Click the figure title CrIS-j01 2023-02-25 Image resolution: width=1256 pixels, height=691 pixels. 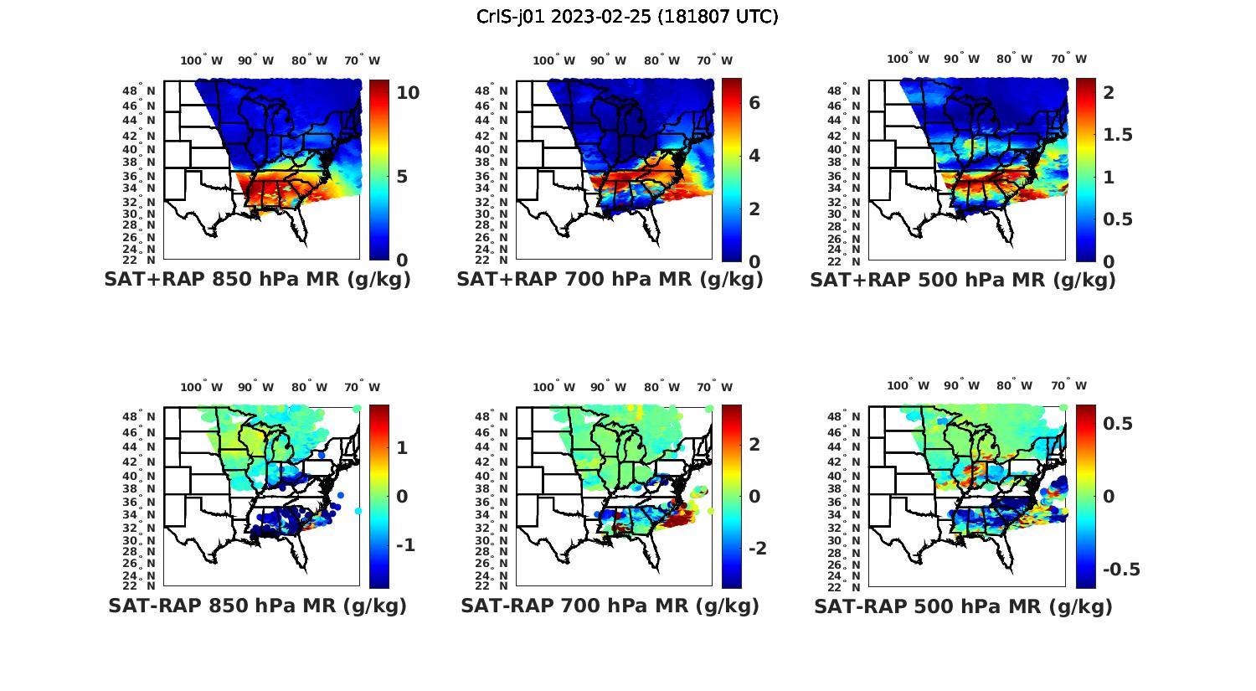627,17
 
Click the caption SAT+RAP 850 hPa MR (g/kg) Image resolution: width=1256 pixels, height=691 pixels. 257,280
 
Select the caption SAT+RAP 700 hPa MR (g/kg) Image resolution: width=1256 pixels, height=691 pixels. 610,280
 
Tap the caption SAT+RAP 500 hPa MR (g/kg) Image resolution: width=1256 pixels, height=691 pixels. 963,280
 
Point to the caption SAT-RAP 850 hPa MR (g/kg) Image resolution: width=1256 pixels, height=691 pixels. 257,606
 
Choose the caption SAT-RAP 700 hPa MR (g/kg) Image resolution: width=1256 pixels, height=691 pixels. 610,606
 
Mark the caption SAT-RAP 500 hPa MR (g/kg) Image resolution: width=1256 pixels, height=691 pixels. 963,606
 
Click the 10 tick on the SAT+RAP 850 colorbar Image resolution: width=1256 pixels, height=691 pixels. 408,93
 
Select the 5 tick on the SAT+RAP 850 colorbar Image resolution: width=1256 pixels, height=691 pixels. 402,177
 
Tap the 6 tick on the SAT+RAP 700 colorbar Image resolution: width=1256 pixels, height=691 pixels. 754,102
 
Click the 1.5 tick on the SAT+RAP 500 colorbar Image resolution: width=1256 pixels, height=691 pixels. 1118,135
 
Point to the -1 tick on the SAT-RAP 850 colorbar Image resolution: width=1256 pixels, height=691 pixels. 405,545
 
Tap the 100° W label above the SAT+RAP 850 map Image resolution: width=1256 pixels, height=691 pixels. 201,60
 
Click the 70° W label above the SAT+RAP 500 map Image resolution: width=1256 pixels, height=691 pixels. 1068,59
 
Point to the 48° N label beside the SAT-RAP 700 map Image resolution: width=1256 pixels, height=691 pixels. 497,417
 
